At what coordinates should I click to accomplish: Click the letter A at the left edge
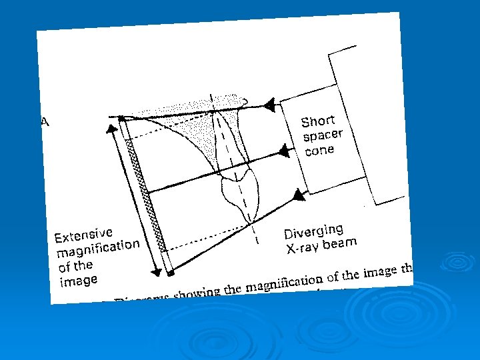tap(45, 121)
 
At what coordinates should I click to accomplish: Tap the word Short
tap(317, 121)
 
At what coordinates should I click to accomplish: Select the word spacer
tap(323, 135)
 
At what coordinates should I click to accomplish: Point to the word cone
tap(319, 150)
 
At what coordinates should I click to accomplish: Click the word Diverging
tap(313, 231)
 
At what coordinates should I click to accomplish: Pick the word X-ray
tap(303, 249)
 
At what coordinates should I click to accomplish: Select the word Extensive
tap(83, 234)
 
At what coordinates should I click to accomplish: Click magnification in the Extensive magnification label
tap(98, 249)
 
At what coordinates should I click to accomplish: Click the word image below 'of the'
tap(78, 281)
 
